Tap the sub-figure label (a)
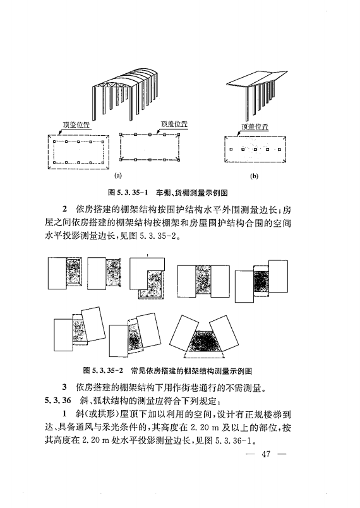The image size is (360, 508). tap(117, 176)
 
